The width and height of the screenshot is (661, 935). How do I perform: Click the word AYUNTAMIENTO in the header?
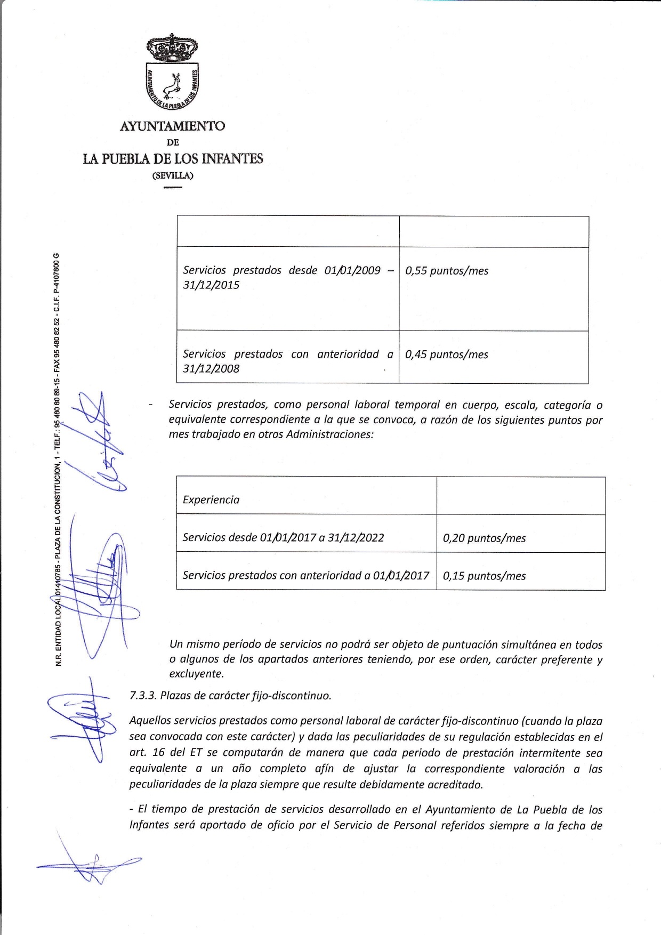(172, 126)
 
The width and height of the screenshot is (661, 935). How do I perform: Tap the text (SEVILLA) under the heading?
(173, 175)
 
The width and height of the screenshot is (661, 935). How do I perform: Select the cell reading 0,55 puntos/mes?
(447, 271)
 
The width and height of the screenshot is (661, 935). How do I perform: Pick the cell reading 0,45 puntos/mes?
(447, 355)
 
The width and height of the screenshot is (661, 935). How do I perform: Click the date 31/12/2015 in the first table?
(211, 285)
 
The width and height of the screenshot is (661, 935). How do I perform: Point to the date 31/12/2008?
(211, 369)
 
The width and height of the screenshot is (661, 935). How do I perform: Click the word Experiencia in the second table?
(211, 500)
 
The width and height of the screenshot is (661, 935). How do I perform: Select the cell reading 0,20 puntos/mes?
(484, 538)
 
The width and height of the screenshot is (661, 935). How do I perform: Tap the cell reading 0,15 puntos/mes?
(484, 576)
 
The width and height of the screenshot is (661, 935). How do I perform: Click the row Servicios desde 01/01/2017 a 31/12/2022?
(283, 537)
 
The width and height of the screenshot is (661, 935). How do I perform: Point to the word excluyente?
(196, 674)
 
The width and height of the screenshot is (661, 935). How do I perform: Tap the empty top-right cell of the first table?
(494, 231)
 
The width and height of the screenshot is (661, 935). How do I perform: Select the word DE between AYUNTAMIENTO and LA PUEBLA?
(173, 143)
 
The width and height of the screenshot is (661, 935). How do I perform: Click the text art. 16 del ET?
(165, 753)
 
